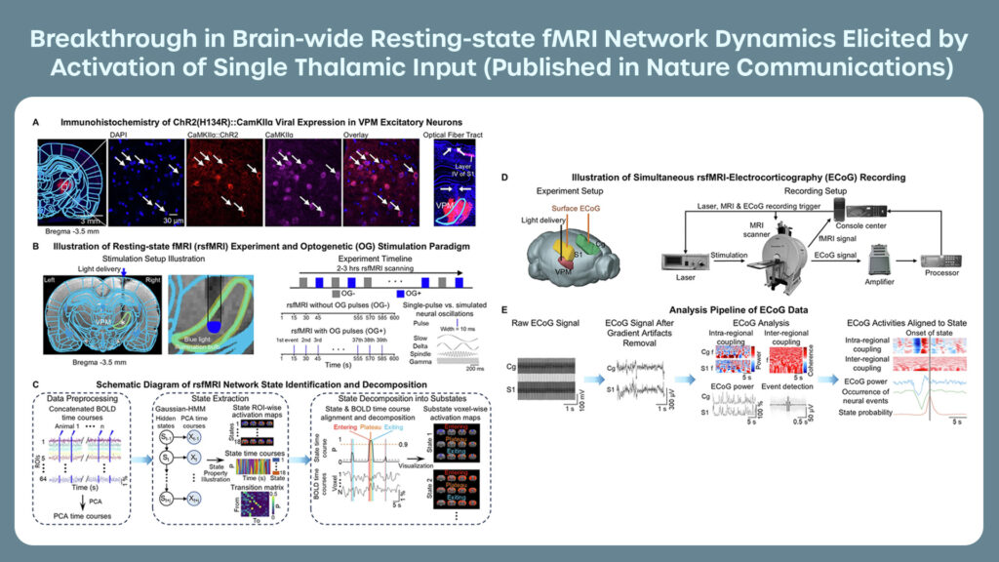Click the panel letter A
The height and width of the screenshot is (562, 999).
pos(36,123)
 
